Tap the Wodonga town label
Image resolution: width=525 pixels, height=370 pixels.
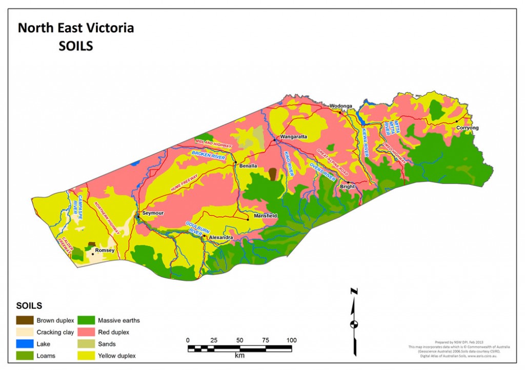[340, 106]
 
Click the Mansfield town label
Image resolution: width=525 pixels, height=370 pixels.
[266, 216]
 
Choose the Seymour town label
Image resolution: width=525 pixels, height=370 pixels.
[152, 213]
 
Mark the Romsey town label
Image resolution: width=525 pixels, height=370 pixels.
[105, 251]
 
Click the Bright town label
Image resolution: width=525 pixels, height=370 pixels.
[347, 187]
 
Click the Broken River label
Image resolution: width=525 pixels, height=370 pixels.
[209, 156]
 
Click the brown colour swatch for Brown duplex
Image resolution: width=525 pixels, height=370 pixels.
[24, 320]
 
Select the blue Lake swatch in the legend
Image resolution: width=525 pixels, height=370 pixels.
[24, 343]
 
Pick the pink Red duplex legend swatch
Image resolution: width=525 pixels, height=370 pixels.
[86, 332]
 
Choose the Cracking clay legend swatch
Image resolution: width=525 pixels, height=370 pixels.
[24, 332]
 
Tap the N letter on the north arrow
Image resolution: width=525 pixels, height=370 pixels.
[354, 292]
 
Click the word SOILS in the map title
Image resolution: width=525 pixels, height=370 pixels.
[75, 46]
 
